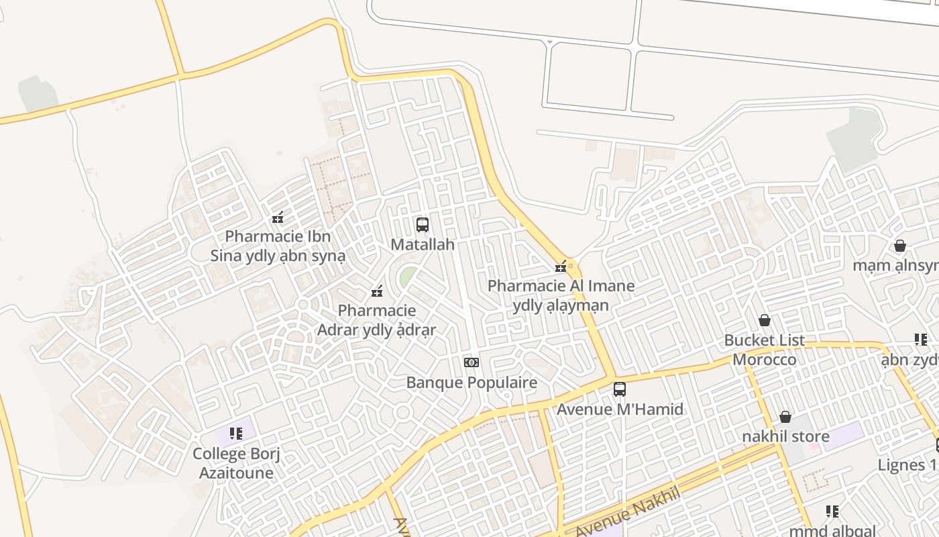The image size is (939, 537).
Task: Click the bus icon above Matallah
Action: point(423,225)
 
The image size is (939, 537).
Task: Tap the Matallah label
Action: point(423,244)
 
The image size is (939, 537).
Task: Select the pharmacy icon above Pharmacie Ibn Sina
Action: point(278,217)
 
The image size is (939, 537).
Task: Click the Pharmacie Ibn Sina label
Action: point(278,246)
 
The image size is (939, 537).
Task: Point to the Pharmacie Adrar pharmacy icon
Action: point(377,291)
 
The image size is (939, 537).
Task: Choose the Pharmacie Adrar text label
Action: point(376,320)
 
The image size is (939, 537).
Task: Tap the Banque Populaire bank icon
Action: point(472,362)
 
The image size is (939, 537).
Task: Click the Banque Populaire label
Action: point(472,383)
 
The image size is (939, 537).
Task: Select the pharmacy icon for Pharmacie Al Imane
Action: point(561,266)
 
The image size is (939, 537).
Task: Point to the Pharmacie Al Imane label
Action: point(561,295)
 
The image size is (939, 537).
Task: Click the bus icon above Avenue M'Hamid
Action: point(620,389)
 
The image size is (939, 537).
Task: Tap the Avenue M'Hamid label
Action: point(620,409)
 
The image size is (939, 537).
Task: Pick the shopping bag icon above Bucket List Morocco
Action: point(765,320)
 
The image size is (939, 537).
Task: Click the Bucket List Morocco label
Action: point(765,350)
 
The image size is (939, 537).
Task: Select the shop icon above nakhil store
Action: point(785,417)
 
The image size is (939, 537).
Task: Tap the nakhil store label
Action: point(785,436)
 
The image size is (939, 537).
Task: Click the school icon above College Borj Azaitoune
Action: point(235,434)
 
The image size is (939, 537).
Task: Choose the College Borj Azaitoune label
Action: point(236,463)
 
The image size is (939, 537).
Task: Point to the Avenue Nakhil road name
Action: point(627,512)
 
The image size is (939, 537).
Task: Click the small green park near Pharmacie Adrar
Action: point(406,277)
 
